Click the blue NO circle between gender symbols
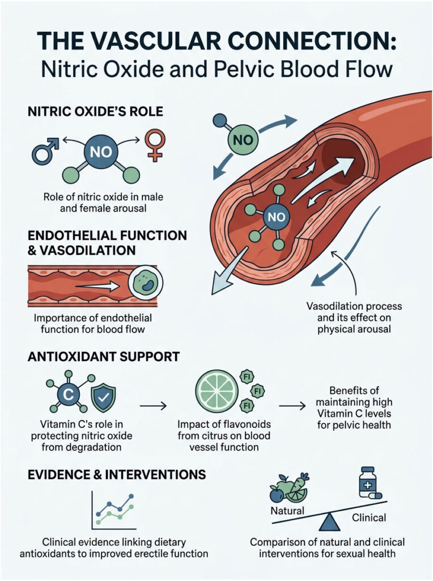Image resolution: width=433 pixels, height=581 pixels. (100, 152)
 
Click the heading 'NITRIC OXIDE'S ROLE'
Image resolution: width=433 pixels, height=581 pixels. (95, 111)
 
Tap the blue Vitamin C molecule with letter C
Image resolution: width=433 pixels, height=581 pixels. (66, 394)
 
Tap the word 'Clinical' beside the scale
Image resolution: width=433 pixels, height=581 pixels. (369, 517)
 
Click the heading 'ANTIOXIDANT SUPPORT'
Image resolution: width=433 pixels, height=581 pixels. (104, 356)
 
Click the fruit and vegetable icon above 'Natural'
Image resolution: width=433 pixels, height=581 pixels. (290, 487)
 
